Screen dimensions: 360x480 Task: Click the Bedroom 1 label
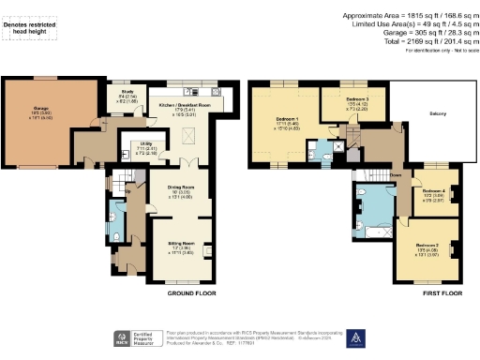[287, 122]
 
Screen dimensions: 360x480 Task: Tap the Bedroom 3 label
[347, 101]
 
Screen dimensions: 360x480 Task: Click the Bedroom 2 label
[429, 248]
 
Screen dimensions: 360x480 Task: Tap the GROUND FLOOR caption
[187, 293]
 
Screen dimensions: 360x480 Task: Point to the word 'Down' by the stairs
[382, 174]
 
